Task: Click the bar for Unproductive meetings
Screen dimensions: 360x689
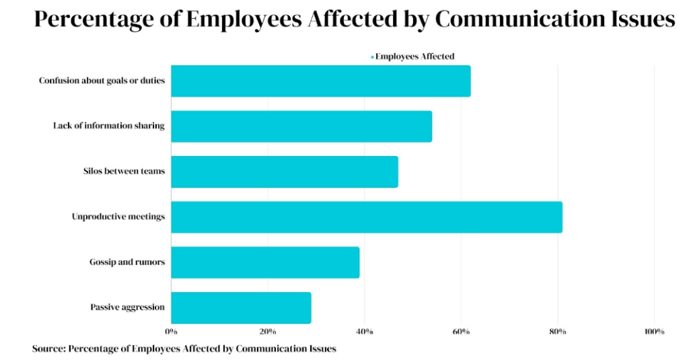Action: point(366,217)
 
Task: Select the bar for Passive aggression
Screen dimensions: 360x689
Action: point(241,308)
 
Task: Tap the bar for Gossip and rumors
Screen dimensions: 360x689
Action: point(265,262)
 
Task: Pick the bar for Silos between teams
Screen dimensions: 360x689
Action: point(284,172)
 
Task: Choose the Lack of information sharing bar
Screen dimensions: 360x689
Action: point(301,127)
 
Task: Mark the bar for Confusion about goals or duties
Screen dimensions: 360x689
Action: point(320,81)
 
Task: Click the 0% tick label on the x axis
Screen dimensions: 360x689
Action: point(171,331)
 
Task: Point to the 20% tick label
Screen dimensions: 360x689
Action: point(268,331)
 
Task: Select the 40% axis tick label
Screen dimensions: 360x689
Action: point(364,331)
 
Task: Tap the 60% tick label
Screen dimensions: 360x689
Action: point(461,331)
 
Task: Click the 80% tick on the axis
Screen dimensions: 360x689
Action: point(558,331)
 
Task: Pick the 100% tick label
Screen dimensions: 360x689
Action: point(654,331)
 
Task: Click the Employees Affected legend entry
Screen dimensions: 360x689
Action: point(414,57)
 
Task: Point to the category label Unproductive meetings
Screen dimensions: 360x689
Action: point(118,217)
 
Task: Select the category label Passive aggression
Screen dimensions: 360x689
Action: point(127,308)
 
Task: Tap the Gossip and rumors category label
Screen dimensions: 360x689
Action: point(126,262)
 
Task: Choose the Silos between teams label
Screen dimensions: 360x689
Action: point(119,172)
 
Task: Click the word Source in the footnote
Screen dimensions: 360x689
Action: point(48,349)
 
